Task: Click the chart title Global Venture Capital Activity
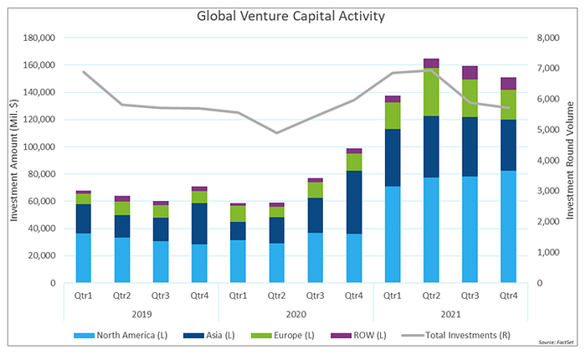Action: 290,16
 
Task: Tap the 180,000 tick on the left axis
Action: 39,38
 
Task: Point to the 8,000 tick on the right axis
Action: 548,38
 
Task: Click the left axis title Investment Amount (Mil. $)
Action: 14,161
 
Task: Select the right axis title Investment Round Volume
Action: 570,161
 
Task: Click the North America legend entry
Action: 121,336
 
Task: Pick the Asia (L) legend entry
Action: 209,336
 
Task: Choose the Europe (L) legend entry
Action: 283,336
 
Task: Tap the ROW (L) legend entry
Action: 359,336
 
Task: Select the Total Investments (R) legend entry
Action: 456,336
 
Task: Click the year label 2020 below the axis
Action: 296,314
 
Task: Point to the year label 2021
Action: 450,314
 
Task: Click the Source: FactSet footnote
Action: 556,342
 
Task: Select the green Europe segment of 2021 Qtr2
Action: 431,92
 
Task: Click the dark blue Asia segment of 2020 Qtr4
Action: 354,203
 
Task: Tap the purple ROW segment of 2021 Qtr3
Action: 470,73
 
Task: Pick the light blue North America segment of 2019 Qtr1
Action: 84,258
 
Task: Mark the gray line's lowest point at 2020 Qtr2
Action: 276,133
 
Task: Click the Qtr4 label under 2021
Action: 508,296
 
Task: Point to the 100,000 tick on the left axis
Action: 39,147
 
